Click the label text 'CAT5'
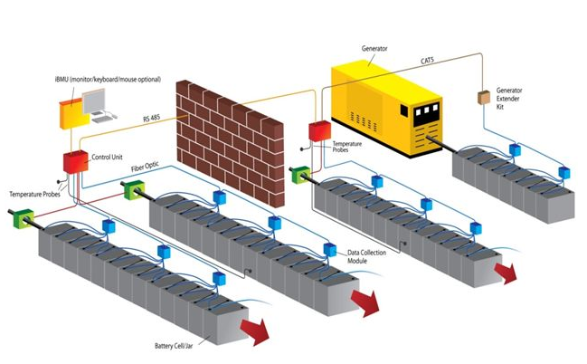[x=428, y=61]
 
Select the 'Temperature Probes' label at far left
[x=35, y=195]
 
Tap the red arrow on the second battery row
[x=368, y=302]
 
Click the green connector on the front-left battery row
[x=24, y=216]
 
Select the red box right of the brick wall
[x=318, y=130]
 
